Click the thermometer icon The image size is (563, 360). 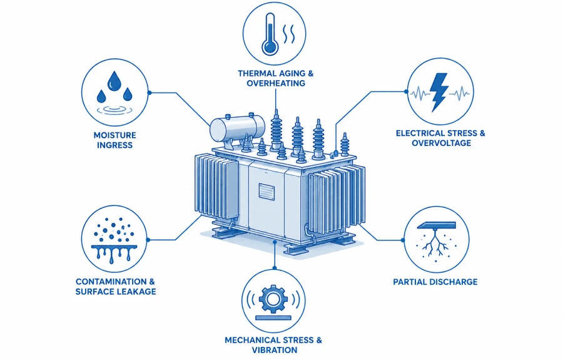tap(270, 35)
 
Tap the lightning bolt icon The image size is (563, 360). tap(439, 92)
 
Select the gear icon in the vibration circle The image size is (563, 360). tap(273, 299)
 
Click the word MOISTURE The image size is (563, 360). tap(115, 135)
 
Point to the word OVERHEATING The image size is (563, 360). tap(276, 83)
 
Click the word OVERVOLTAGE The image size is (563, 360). tap(441, 143)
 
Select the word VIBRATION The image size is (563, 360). tap(275, 350)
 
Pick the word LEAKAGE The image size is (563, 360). tap(136, 291)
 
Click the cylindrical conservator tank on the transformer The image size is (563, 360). tap(237, 128)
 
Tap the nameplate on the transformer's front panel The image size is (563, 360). tap(266, 191)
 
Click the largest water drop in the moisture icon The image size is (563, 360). tap(114, 81)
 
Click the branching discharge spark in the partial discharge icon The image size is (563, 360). tap(435, 243)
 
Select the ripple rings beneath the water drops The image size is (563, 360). tap(114, 110)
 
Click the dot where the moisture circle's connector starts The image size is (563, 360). tap(150, 93)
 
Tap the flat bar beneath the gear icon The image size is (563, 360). tap(273, 317)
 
